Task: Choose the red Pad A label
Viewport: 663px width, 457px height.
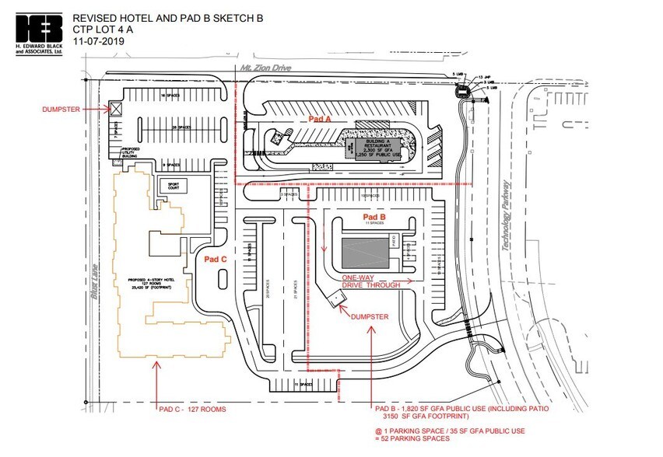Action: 320,119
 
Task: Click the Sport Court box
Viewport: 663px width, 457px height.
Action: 169,186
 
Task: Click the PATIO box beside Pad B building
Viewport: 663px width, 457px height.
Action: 395,243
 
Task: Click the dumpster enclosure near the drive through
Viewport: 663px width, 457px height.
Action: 336,298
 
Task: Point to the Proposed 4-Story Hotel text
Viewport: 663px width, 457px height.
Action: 160,281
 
